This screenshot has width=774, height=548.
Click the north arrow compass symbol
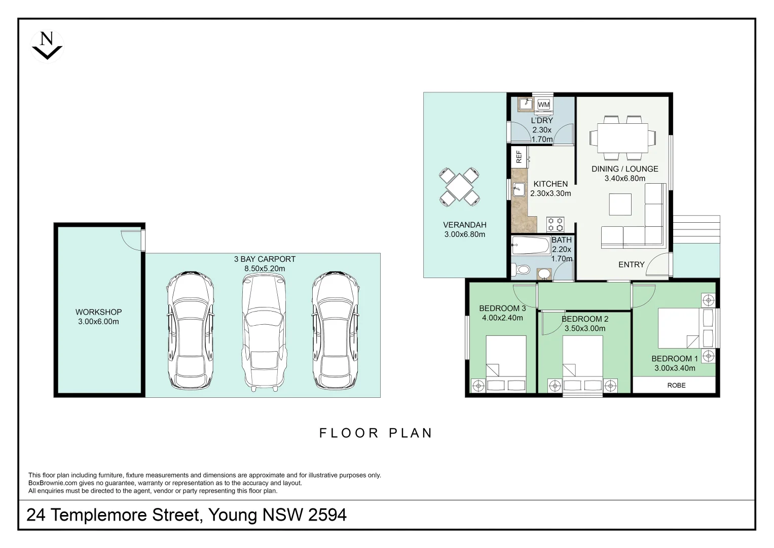(47, 46)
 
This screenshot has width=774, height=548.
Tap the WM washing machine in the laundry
(543, 105)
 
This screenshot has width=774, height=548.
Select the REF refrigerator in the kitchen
(519, 157)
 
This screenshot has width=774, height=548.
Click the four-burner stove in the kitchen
(555, 224)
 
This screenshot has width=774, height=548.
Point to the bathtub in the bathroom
(531, 246)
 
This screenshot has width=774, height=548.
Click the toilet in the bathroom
(521, 269)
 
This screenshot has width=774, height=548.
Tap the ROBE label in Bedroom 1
(676, 386)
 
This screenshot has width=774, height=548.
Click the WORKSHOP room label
(99, 312)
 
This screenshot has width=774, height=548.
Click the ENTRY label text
(631, 264)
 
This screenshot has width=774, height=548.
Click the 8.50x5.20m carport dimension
(265, 268)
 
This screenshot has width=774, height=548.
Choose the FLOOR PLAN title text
(376, 433)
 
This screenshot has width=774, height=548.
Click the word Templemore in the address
(126, 515)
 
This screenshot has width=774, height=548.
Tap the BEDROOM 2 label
(585, 319)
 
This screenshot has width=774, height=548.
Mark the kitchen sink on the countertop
(518, 190)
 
